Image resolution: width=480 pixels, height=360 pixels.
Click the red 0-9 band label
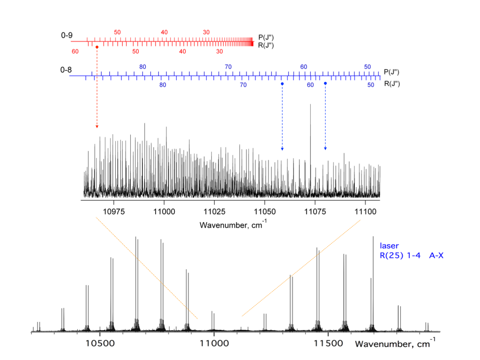67,35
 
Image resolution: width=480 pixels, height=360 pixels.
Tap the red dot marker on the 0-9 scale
97,47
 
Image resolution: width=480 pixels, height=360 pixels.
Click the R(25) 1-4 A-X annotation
411,256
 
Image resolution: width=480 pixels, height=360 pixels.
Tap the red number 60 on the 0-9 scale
75,51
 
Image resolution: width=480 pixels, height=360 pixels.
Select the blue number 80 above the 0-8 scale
143,67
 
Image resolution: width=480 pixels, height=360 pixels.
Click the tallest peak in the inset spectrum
310,105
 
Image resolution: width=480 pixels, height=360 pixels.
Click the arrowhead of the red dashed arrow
97,127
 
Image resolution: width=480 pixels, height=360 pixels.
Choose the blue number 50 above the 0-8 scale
368,67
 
